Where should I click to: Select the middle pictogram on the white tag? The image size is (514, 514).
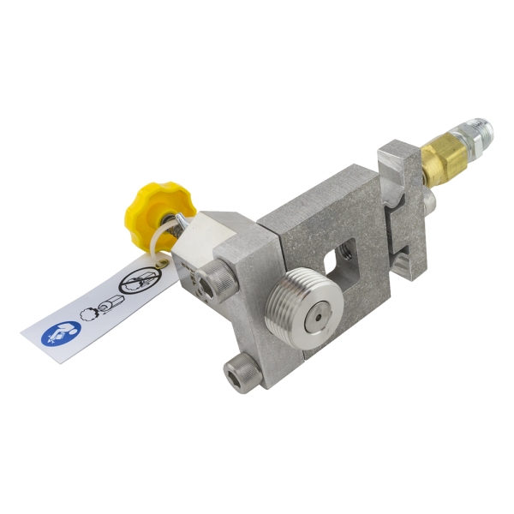pyautogui.click(x=96, y=308)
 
